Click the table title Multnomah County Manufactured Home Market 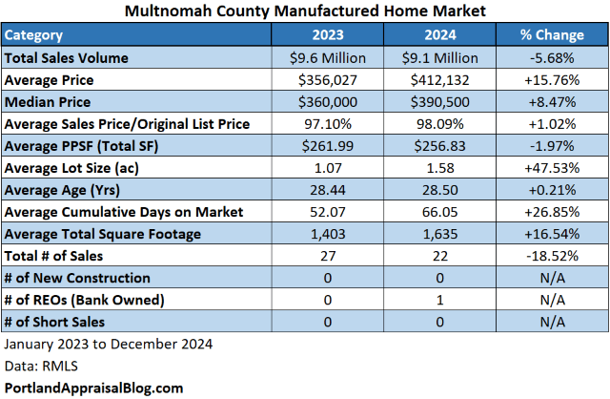[x=304, y=12]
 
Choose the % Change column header [x=552, y=34]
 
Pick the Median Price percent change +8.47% [x=552, y=101]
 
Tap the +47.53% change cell [x=552, y=167]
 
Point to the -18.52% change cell [x=552, y=255]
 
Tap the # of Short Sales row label [x=55, y=322]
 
